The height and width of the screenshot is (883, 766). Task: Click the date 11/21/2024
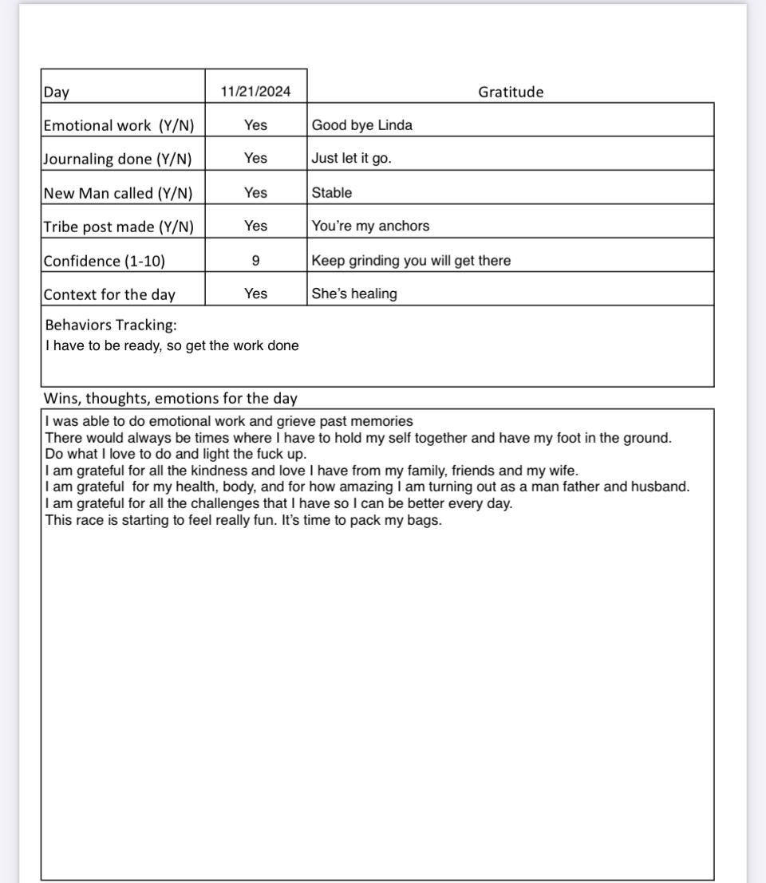(x=255, y=92)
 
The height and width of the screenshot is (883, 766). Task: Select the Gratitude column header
(x=511, y=92)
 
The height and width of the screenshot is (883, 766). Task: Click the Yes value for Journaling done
(x=255, y=159)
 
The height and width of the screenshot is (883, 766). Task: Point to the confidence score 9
(x=255, y=260)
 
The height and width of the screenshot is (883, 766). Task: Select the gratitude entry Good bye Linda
(x=361, y=125)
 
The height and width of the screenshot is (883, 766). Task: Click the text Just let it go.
(x=351, y=159)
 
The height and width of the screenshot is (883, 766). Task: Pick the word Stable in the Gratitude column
(x=331, y=193)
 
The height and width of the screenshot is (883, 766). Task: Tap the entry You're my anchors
(x=370, y=227)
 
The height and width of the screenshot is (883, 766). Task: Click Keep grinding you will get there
(x=411, y=261)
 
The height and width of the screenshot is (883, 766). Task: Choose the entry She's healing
(x=353, y=294)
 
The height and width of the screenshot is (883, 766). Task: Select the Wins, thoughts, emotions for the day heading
(x=170, y=399)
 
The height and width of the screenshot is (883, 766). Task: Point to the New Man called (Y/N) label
(x=117, y=193)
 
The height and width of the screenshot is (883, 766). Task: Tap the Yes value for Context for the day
(x=255, y=294)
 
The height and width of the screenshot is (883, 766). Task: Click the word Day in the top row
(x=56, y=92)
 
